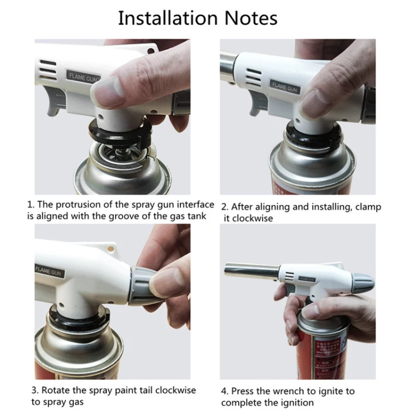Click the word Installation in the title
pos(168,18)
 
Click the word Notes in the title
pos(251,18)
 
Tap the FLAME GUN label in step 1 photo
pos(84,77)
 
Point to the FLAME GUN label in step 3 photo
pos(49,271)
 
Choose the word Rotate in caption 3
pos(55,390)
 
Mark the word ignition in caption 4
pos(297,402)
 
